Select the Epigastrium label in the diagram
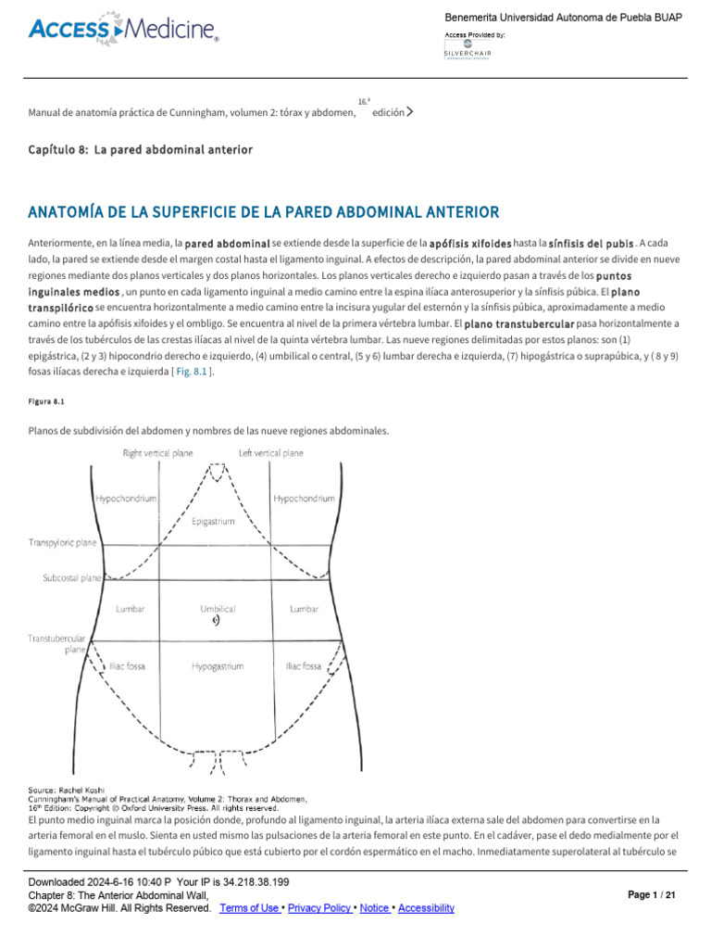[x=213, y=522]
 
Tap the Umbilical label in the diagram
[x=218, y=609]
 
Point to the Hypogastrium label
[x=218, y=665]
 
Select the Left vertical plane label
[x=270, y=453]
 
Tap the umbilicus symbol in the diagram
[x=216, y=622]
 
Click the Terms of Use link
[x=249, y=908]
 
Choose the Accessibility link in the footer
[x=426, y=908]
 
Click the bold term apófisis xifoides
[x=470, y=243]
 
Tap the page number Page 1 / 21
[x=652, y=895]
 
